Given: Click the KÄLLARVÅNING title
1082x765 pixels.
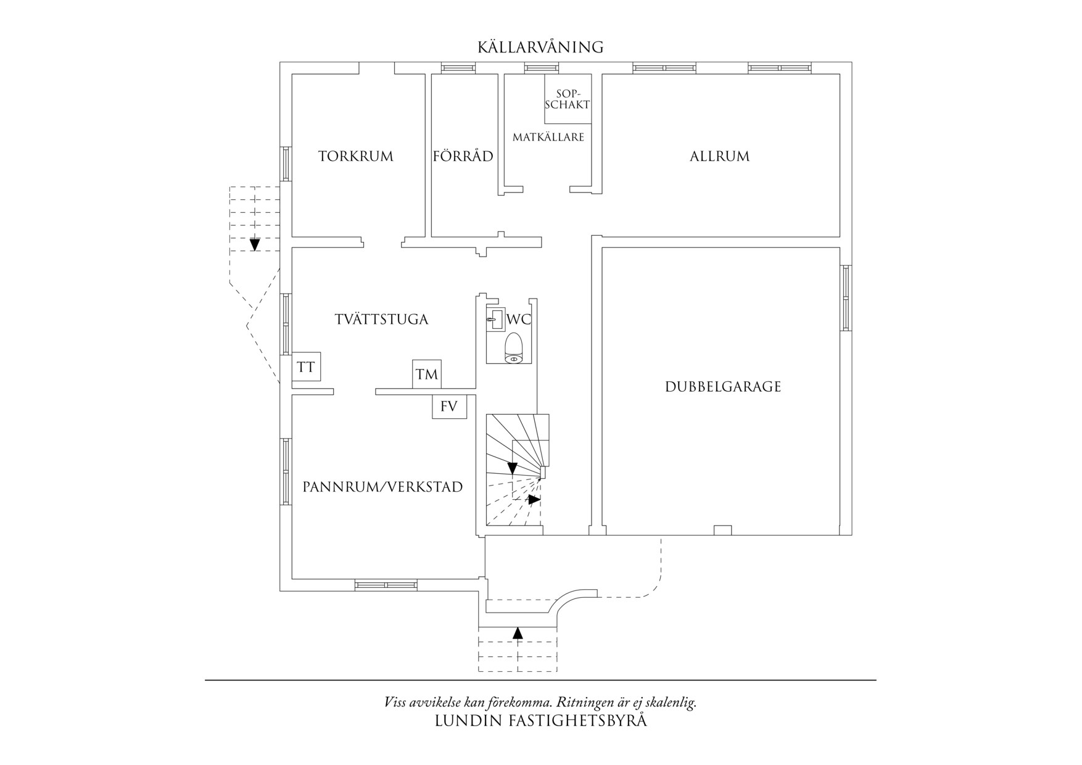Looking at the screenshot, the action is (540, 47).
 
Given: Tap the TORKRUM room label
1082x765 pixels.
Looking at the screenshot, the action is (356, 156).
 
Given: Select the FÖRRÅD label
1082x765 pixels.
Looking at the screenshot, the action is (463, 156).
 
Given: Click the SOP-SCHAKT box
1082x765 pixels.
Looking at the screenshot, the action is (568, 99).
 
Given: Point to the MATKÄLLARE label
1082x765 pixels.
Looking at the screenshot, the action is (548, 137).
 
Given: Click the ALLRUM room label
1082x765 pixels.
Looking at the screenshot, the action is (720, 156).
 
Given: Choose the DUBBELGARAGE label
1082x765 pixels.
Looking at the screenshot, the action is (723, 387).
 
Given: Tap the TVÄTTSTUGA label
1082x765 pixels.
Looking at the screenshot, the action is (381, 319).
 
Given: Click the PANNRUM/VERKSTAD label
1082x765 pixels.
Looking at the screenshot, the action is (382, 487).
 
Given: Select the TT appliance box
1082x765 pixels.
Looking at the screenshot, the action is (306, 367).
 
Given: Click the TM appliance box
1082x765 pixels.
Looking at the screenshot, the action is (427, 374).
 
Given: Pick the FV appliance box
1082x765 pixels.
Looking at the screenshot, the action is (449, 407).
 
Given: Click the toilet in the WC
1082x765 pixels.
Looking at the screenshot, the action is (513, 349).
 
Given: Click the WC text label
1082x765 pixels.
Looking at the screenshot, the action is (518, 320).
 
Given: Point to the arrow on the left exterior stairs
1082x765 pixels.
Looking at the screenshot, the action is (255, 244).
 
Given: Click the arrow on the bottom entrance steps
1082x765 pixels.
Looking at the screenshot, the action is (518, 632).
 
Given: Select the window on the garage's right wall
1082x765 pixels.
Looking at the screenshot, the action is (846, 298).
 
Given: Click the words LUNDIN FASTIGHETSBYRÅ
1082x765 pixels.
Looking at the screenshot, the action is (541, 721).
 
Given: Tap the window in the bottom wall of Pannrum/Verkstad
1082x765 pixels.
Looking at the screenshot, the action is (386, 585).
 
